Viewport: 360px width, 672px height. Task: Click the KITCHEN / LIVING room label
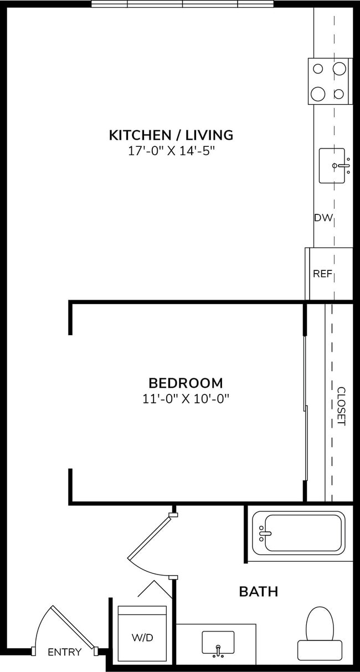(171, 135)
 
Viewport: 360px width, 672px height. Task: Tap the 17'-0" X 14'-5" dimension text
(171, 150)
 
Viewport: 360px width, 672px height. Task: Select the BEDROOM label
(186, 383)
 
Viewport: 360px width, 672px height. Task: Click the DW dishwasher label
(323, 218)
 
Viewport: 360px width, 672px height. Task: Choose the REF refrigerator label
(322, 274)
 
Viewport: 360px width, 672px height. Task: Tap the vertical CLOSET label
(341, 406)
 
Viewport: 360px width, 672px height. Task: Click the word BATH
(258, 592)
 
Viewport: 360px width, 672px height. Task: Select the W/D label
(142, 638)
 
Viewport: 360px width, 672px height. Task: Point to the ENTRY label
(64, 652)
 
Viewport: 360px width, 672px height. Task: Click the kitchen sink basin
(332, 165)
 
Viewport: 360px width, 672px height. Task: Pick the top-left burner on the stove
(318, 69)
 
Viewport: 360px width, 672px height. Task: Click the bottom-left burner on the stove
(318, 94)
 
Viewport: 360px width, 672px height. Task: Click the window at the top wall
(182, 4)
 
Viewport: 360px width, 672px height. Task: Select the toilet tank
(320, 649)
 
